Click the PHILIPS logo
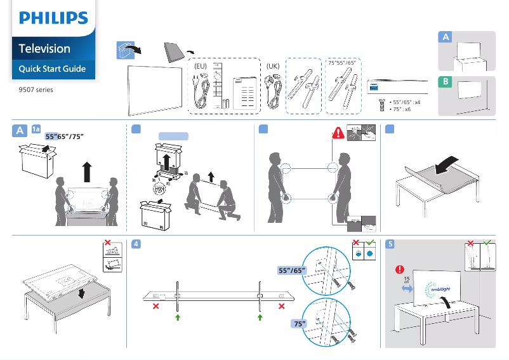53,19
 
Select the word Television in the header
44,49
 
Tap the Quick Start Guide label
52,69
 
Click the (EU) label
201,65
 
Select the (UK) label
273,65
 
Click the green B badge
446,83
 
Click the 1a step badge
36,130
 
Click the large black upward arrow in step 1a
87,172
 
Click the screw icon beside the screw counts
381,105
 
